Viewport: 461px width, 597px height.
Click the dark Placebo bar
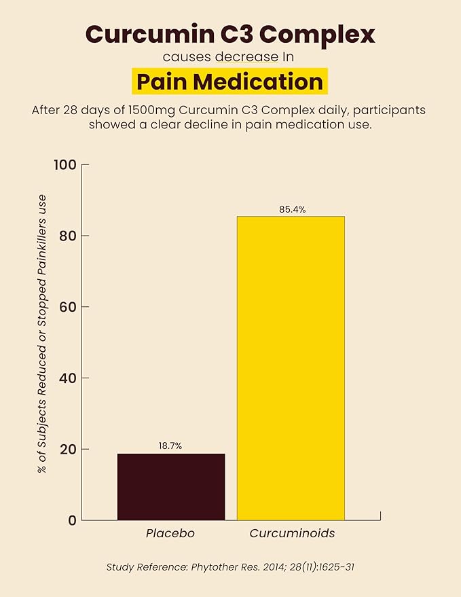[171, 486]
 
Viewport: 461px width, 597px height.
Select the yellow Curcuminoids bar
[291, 368]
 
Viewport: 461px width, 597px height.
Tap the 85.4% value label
[293, 209]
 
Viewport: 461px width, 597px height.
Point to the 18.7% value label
[170, 446]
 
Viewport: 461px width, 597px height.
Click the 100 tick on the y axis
[65, 165]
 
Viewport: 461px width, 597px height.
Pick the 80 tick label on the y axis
[69, 236]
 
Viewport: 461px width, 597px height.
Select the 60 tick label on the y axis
[69, 307]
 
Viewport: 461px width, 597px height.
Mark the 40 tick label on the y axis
[69, 378]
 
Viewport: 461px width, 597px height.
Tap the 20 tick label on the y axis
[69, 449]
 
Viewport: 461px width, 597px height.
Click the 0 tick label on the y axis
[73, 520]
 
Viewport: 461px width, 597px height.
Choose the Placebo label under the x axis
[170, 533]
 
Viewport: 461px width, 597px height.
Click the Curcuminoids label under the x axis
[293, 533]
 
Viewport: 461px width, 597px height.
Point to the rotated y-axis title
[42, 334]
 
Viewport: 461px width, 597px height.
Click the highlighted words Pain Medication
[230, 82]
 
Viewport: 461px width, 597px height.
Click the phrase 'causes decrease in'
[228, 57]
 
